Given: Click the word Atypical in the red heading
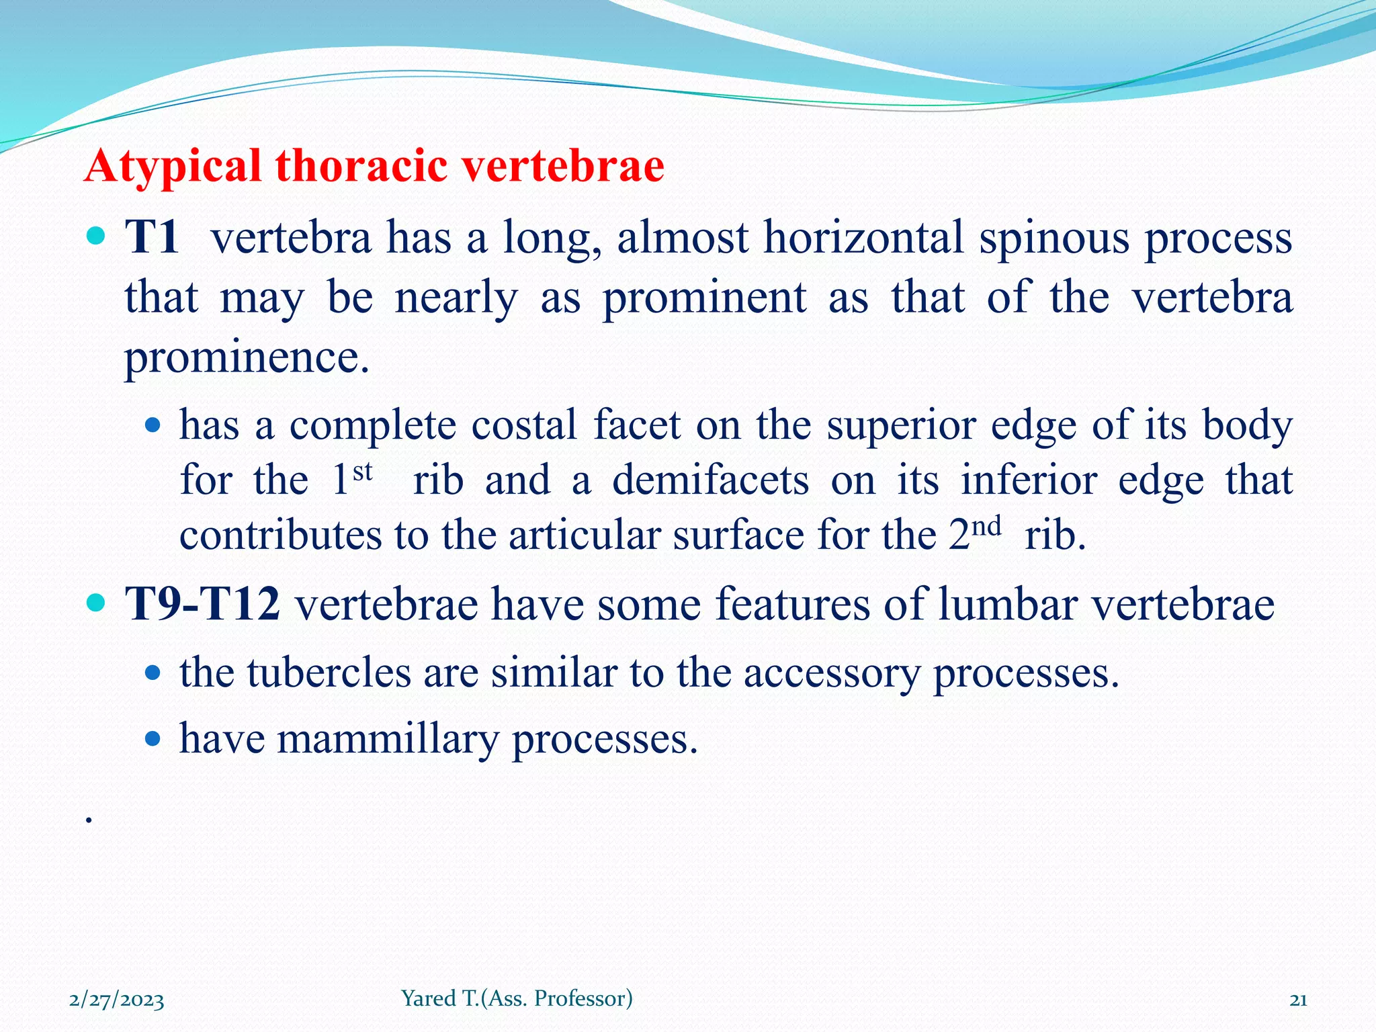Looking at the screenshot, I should (x=172, y=166).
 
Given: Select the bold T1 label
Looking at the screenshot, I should (x=153, y=237).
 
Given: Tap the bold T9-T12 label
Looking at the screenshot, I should (x=203, y=603).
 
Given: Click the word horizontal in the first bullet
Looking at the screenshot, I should (x=864, y=237).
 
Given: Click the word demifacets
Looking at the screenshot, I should (x=710, y=480).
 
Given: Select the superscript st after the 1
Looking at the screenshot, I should (x=362, y=472).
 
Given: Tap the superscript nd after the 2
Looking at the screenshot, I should (x=986, y=526).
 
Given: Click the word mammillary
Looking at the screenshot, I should (x=388, y=739).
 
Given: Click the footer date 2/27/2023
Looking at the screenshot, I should (x=117, y=1000).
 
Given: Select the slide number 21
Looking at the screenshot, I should (x=1298, y=1000).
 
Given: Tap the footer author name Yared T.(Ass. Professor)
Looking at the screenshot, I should (x=517, y=998).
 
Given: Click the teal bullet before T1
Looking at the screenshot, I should (x=97, y=236).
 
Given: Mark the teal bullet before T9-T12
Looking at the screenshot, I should (x=97, y=602).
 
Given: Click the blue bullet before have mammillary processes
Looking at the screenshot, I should (x=153, y=739).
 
